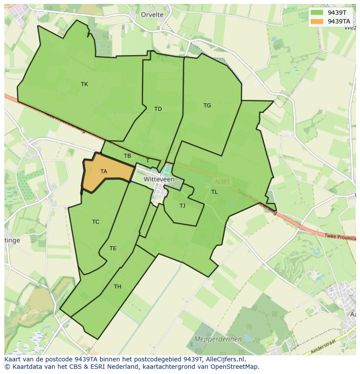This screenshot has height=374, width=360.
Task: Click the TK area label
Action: [84, 84]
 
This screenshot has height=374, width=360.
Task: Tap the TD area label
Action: [158, 109]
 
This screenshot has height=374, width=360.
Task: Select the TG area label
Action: [207, 106]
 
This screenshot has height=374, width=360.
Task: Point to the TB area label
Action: [127, 156]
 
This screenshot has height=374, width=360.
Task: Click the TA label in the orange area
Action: [103, 172]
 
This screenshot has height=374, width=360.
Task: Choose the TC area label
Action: [96, 222]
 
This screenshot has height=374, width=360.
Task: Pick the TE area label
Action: [113, 248]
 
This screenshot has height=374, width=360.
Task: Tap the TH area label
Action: [117, 286]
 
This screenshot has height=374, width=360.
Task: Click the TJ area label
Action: [182, 206]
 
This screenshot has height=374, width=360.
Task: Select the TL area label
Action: [214, 192]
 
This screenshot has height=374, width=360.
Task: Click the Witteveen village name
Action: [159, 179]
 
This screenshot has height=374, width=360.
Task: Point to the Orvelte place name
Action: [152, 15]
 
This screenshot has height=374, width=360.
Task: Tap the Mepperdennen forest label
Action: [212, 338]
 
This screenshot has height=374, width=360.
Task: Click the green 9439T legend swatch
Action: [317, 13]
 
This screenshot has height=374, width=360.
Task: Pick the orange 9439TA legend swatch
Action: [317, 21]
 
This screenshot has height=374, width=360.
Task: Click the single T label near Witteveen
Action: [147, 161]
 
